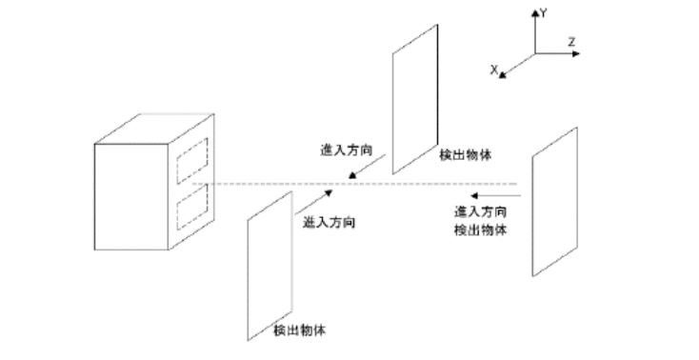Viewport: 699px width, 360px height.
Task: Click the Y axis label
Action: pyautogui.click(x=543, y=13)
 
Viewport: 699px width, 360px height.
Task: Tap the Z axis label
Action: pyautogui.click(x=571, y=42)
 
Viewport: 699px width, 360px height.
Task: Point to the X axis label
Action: pyautogui.click(x=494, y=70)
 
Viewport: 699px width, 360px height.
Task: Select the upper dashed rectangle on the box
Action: pyautogui.click(x=192, y=161)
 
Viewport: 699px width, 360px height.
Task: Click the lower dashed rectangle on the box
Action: pyautogui.click(x=192, y=208)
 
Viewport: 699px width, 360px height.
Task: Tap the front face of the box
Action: pyautogui.click(x=131, y=197)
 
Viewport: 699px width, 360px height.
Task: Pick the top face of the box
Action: pyautogui.click(x=154, y=129)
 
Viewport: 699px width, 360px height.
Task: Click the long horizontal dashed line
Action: pyautogui.click(x=354, y=184)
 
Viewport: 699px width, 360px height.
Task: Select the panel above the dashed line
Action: pyautogui.click(x=415, y=99)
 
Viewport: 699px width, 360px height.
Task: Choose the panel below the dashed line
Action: pyautogui.click(x=270, y=266)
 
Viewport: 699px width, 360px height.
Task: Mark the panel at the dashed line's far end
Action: pyautogui.click(x=554, y=202)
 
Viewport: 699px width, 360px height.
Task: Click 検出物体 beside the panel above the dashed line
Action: pyautogui.click(x=465, y=155)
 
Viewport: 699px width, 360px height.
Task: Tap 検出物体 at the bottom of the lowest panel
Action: pyautogui.click(x=299, y=330)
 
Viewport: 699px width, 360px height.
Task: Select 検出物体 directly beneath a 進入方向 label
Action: pyautogui.click(x=480, y=230)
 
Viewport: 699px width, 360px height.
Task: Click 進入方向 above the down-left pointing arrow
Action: pyautogui.click(x=346, y=150)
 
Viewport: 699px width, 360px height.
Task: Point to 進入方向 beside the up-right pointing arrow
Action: pyautogui.click(x=329, y=223)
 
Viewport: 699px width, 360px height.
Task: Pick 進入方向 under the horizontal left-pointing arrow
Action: pyautogui.click(x=480, y=211)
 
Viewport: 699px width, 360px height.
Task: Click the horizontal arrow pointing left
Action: pyautogui.click(x=496, y=196)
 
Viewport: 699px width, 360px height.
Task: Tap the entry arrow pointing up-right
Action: pyautogui.click(x=313, y=203)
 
